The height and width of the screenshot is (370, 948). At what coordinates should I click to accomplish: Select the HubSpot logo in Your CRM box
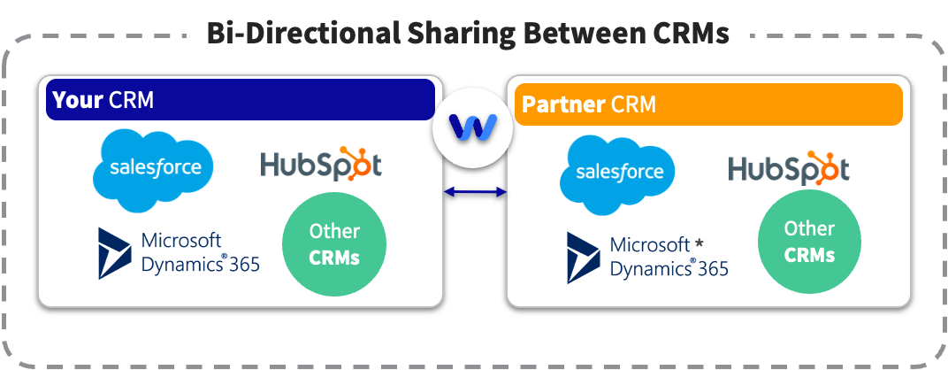(x=321, y=165)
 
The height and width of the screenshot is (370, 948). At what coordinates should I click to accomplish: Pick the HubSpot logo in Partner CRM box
(x=788, y=168)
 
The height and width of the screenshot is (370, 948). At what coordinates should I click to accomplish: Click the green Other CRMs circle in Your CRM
(x=334, y=244)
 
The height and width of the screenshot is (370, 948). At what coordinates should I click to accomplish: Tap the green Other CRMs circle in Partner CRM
(x=809, y=242)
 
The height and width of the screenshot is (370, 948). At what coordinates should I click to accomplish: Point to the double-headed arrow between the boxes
(x=475, y=190)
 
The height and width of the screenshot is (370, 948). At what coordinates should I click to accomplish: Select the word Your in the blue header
(x=77, y=100)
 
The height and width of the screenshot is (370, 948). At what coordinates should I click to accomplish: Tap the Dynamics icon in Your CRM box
(x=115, y=252)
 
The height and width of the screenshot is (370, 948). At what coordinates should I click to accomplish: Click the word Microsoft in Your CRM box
(x=181, y=241)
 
